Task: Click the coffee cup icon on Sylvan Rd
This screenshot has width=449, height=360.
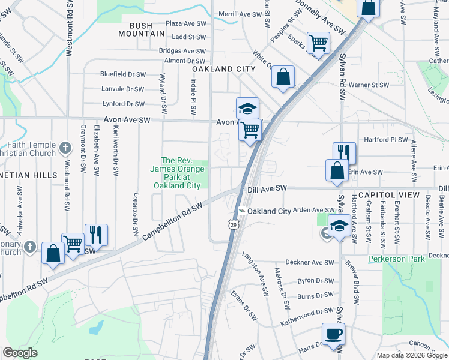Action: pos(333,334)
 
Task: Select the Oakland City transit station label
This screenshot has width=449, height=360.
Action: pos(269,211)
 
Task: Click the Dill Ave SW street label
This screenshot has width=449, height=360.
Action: pos(268,189)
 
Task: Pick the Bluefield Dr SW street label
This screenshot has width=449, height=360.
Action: pos(123,74)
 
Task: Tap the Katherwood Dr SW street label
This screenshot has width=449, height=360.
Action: pos(306,316)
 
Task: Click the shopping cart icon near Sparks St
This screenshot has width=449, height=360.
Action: pos(318,42)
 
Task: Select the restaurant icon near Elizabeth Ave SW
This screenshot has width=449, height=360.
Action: pos(96,235)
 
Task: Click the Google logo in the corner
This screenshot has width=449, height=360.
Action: pos(20,353)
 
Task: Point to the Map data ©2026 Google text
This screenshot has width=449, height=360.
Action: pos(412,355)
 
